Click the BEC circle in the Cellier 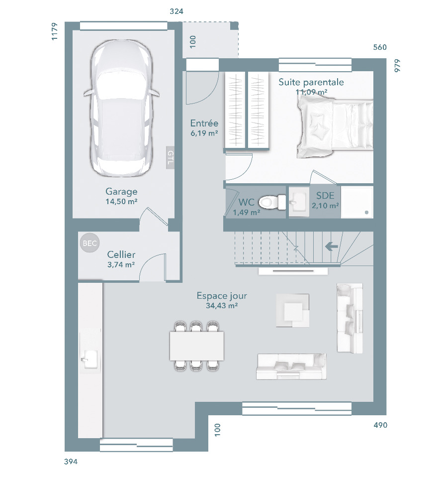pyautogui.click(x=90, y=243)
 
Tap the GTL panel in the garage pyautogui.click(x=170, y=157)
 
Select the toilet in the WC pyautogui.click(x=272, y=202)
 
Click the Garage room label pyautogui.click(x=121, y=191)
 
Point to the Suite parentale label pyautogui.click(x=311, y=82)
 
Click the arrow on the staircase pyautogui.click(x=332, y=246)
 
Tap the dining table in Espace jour pyautogui.click(x=197, y=346)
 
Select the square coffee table pyautogui.click(x=293, y=310)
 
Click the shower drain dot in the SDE pyautogui.click(x=366, y=213)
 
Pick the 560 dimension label pyautogui.click(x=380, y=47)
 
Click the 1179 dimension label pyautogui.click(x=54, y=31)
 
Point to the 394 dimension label pyautogui.click(x=71, y=462)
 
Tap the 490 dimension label pyautogui.click(x=380, y=425)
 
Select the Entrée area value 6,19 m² pyautogui.click(x=204, y=133)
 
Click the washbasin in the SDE pyautogui.click(x=299, y=202)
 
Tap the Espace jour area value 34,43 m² pyautogui.click(x=222, y=305)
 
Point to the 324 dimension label pyautogui.click(x=176, y=11)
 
